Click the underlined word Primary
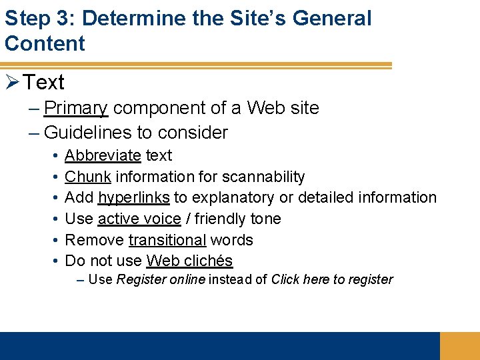coord(75,108)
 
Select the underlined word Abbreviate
coord(103,155)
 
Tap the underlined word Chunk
coord(88,177)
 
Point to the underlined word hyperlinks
coord(133,198)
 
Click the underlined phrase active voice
coord(139,219)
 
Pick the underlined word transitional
coord(167,240)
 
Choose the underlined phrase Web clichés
coord(189,261)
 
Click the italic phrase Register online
coord(161,279)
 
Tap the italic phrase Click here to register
coord(332,279)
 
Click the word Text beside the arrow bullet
coord(44,83)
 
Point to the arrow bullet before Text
coord(12,82)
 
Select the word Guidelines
coord(88,132)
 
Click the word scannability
coord(263,177)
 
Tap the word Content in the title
coord(45,43)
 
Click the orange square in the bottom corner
coord(459,345)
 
